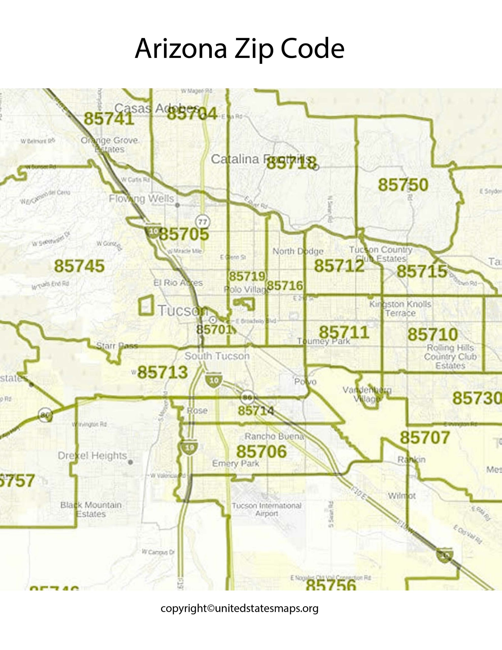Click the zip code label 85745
click(x=79, y=266)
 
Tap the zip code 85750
click(x=403, y=185)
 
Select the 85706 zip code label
click(x=261, y=451)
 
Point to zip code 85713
click(x=162, y=372)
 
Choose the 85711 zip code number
click(x=344, y=332)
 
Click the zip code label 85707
click(x=425, y=437)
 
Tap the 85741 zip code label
click(x=109, y=119)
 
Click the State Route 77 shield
click(x=203, y=222)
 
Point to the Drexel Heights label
click(x=92, y=456)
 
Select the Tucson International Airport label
click(x=267, y=510)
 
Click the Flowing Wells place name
click(x=141, y=199)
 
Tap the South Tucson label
click(x=217, y=356)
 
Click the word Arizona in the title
click(x=181, y=48)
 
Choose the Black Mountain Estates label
click(x=91, y=510)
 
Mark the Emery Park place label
click(x=235, y=463)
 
